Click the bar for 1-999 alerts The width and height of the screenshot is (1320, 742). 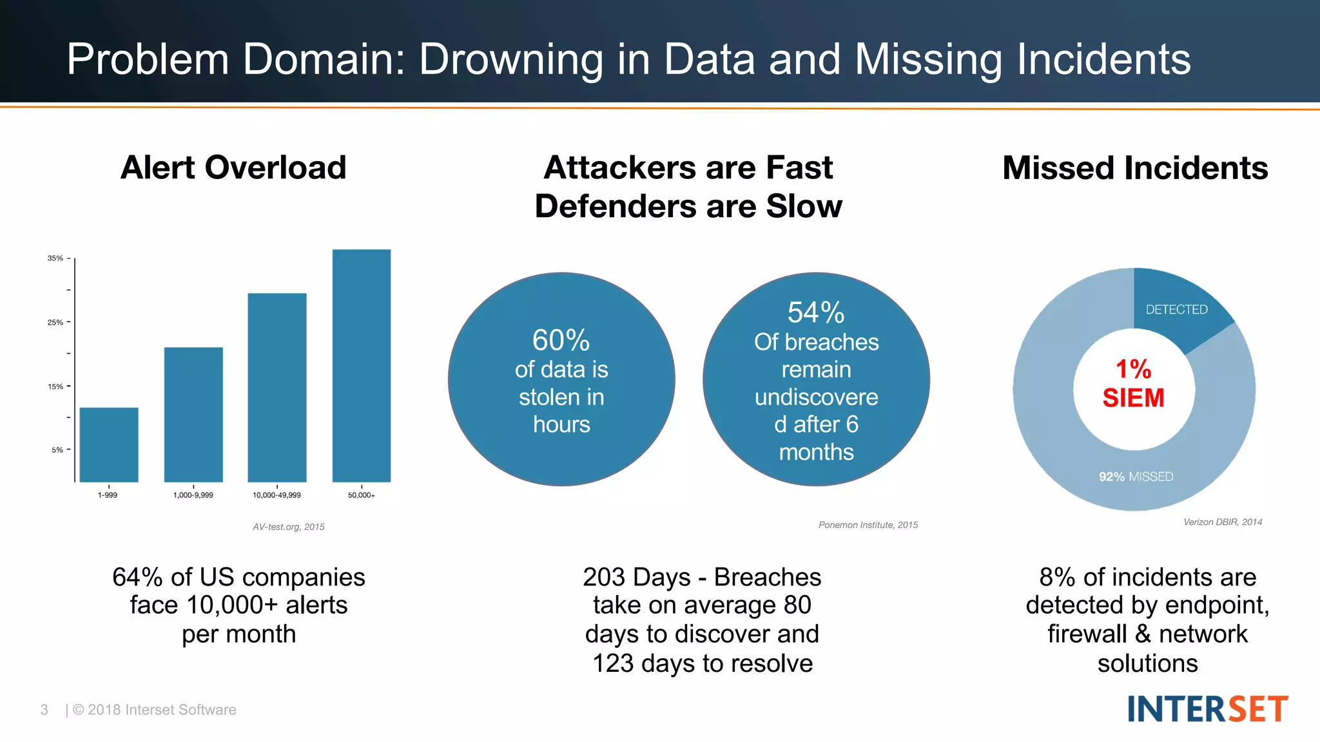click(109, 444)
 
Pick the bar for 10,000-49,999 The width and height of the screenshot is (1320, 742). click(277, 387)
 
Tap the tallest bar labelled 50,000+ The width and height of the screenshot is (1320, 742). click(362, 365)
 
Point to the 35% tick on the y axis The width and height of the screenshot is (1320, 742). click(55, 258)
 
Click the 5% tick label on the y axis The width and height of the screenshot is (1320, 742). click(57, 450)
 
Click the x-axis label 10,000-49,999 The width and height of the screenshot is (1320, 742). click(277, 495)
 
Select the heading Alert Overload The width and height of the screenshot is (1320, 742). click(233, 167)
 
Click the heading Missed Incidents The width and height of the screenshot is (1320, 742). click(1135, 168)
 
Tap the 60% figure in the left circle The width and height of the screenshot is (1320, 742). click(561, 340)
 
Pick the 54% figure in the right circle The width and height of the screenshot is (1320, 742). click(816, 313)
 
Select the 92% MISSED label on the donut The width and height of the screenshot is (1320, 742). click(1136, 477)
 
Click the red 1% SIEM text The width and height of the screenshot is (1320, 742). click(1133, 384)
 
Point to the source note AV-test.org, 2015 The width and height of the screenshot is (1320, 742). click(288, 527)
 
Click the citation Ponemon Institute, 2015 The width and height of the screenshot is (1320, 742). click(868, 525)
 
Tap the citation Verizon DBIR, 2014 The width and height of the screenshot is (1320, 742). click(1222, 522)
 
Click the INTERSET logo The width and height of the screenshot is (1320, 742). click(1207, 709)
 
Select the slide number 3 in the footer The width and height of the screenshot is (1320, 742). click(44, 710)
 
